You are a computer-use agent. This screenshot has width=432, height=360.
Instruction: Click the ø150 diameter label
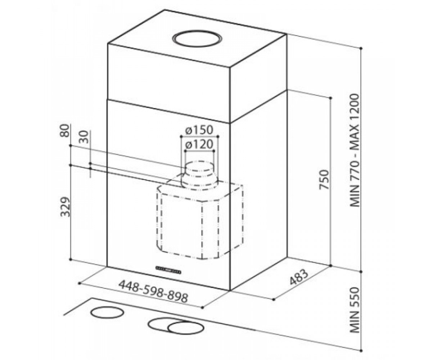pyautogui.click(x=199, y=130)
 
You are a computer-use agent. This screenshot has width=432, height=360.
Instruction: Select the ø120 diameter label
pyautogui.click(x=199, y=144)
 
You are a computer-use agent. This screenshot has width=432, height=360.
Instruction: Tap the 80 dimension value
pyautogui.click(x=64, y=131)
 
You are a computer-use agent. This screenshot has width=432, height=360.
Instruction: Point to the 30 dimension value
pyautogui.click(x=84, y=137)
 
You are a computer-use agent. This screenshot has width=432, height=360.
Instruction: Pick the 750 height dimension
pyautogui.click(x=324, y=179)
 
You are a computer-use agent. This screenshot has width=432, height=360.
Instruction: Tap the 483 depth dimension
pyautogui.click(x=299, y=278)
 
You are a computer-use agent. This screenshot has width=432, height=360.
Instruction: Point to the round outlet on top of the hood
pyautogui.click(x=197, y=39)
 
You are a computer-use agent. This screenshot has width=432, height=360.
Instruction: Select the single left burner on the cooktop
pyautogui.click(x=107, y=312)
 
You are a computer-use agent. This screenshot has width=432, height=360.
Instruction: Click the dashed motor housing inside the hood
pyautogui.click(x=200, y=220)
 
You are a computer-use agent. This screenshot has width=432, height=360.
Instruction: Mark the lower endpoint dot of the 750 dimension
pyautogui.click(x=330, y=265)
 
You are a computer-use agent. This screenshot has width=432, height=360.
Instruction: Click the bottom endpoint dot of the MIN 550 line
pyautogui.click(x=361, y=345)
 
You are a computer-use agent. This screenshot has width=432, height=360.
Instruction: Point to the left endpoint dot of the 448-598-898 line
pyautogui.click(x=80, y=283)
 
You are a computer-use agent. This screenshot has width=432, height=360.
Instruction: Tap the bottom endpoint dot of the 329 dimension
pyautogui.click(x=71, y=259)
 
